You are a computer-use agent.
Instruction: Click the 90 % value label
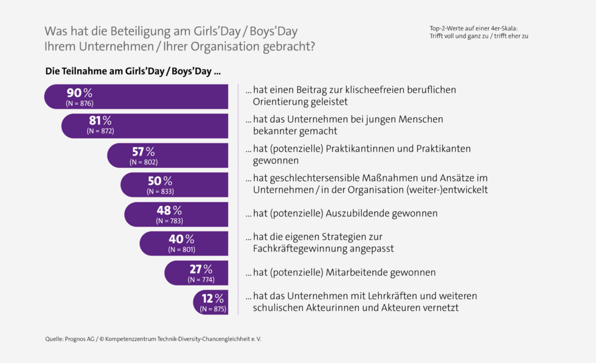tap(79, 93)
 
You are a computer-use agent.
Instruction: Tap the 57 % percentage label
tap(144, 151)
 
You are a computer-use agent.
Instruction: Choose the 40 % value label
tap(181, 239)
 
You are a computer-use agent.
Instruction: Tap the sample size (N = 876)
tap(79, 103)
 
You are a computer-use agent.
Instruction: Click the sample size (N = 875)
tap(213, 309)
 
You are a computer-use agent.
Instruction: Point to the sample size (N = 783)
tap(170, 221)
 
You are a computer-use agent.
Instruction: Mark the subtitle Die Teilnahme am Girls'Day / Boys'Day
tap(133, 71)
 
